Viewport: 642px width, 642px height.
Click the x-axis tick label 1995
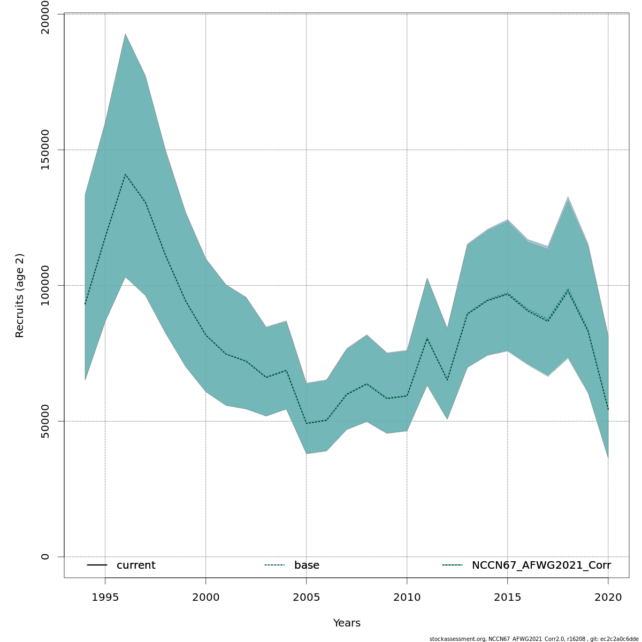[105, 597]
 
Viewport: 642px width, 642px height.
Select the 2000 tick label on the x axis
[205, 597]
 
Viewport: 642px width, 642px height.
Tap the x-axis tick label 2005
[306, 597]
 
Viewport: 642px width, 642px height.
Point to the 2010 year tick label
[407, 597]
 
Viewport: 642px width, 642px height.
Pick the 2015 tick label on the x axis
[507, 597]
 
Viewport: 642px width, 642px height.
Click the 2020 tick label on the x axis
[608, 597]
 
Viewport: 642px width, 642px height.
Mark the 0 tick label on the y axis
[45, 556]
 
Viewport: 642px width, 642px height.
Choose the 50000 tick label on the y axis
[45, 421]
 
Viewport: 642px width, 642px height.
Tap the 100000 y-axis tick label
[45, 285]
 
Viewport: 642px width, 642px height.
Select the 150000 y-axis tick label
[45, 150]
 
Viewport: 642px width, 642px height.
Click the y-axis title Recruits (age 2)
[20, 295]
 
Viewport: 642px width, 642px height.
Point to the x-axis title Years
[347, 623]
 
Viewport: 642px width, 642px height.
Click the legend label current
[136, 565]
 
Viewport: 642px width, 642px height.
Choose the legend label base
[307, 565]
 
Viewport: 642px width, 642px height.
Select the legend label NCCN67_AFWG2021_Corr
[541, 565]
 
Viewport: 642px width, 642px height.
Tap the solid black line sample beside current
[97, 565]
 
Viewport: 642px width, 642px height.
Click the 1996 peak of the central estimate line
[125, 174]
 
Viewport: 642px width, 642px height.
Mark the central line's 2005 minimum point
[306, 423]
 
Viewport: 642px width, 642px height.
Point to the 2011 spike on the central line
[427, 338]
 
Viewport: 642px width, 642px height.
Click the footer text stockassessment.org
[457, 639]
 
